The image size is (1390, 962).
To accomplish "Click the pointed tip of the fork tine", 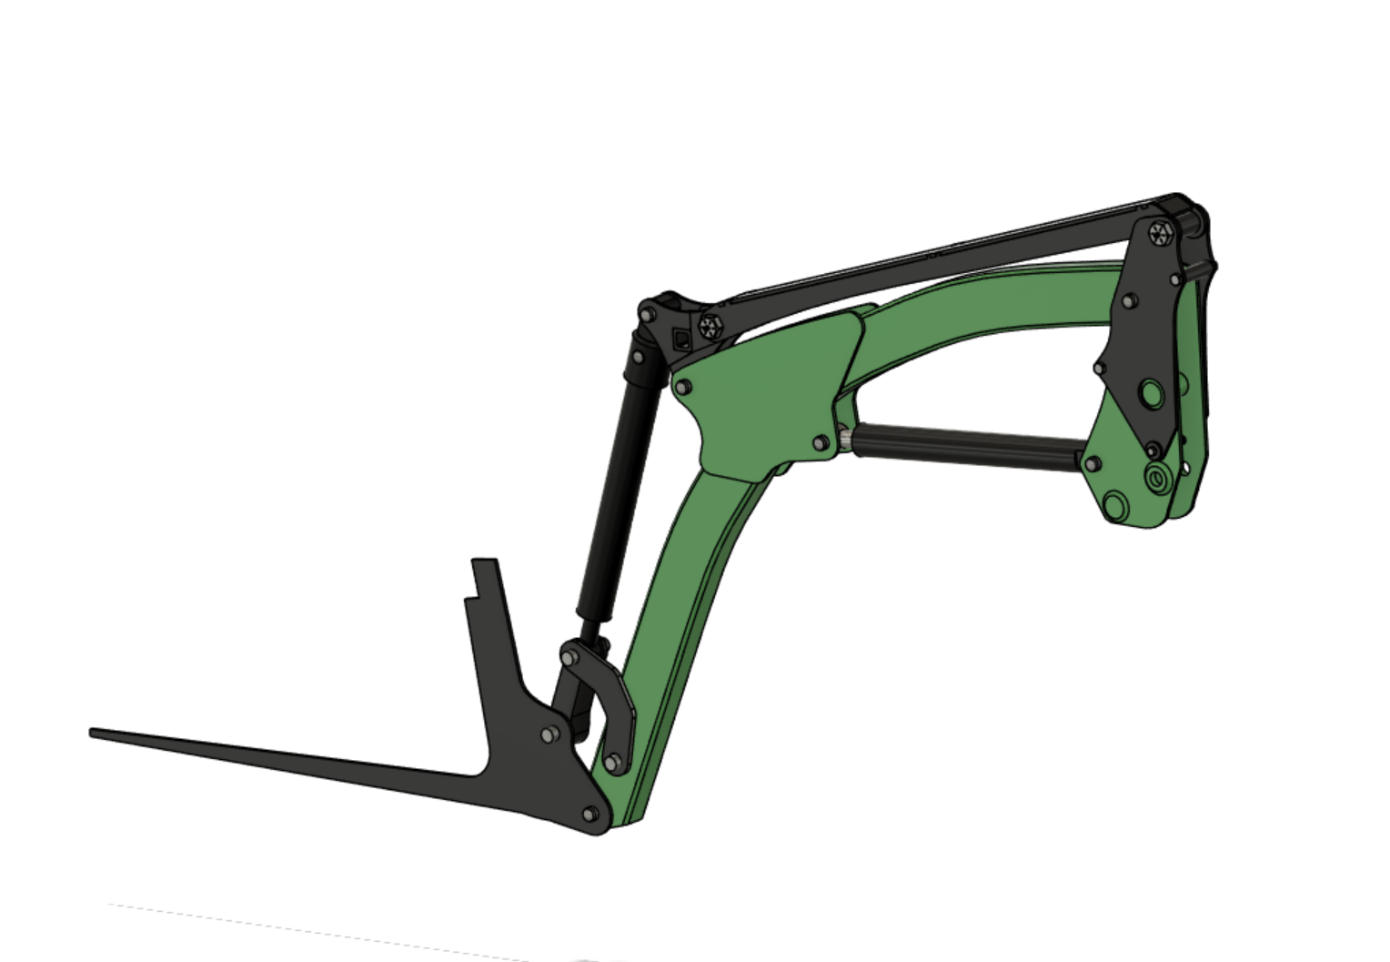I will [93, 733].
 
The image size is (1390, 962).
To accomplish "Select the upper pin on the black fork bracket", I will [548, 734].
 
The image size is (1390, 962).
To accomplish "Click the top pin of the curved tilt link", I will [570, 656].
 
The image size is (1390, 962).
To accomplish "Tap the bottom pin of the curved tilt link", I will [614, 761].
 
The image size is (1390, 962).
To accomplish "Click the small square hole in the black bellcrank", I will [680, 340].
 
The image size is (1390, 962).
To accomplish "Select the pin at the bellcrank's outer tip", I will [647, 314].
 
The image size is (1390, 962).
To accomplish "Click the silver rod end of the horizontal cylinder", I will [846, 440].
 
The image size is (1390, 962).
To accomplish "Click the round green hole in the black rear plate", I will [1151, 394].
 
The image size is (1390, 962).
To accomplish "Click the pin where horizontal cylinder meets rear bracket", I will [1093, 464].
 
